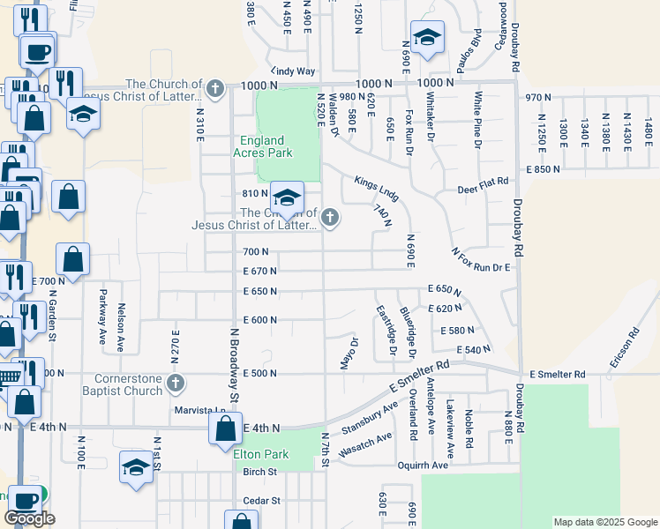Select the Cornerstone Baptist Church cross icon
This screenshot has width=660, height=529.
(x=176, y=383)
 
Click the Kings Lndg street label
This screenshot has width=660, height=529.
(x=377, y=187)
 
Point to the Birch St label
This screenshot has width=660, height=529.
(x=260, y=472)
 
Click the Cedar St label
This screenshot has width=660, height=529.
(x=262, y=500)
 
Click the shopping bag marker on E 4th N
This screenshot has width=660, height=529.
(x=225, y=428)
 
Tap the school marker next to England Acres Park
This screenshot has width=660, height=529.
(x=287, y=196)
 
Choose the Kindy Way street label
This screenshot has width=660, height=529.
(x=292, y=71)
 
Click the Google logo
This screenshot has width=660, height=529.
(x=28, y=518)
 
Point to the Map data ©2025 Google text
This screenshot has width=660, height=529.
(x=604, y=522)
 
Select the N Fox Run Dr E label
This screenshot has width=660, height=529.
(x=482, y=261)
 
